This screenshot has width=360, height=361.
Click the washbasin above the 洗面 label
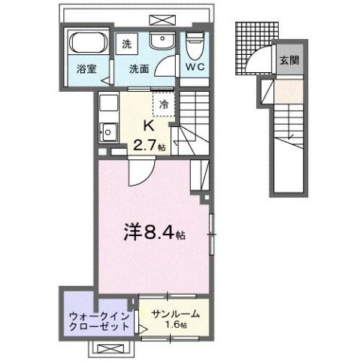tap(159, 41)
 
